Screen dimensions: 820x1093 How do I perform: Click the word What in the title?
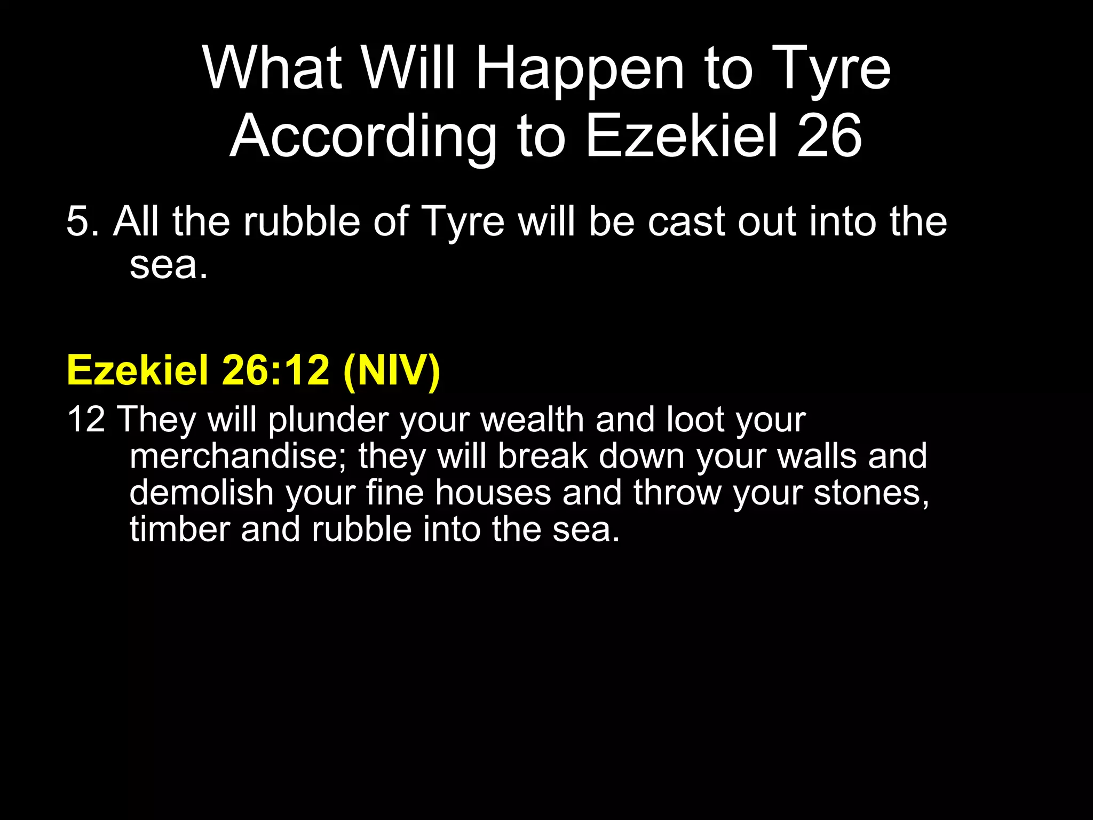coord(272,68)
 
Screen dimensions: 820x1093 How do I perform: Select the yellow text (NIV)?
coord(392,370)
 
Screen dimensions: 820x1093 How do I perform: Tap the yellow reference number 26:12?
coord(275,370)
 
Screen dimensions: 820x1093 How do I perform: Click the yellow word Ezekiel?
coord(137,370)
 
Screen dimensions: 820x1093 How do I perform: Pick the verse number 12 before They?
coord(86,420)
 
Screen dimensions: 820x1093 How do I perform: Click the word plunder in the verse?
coord(328,421)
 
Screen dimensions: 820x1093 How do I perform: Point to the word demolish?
coord(201,492)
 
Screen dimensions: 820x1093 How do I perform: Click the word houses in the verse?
coord(493,492)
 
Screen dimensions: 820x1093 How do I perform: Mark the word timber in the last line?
coord(179,529)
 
